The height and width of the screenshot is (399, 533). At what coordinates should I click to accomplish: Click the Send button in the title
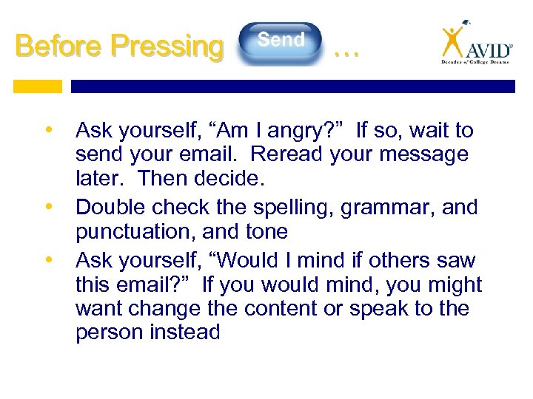tap(281, 41)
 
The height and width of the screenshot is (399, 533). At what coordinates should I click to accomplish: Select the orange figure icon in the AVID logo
tap(452, 42)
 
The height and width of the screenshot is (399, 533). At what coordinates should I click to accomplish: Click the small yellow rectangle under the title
tap(38, 86)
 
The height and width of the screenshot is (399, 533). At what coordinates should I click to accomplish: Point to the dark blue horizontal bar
tap(292, 86)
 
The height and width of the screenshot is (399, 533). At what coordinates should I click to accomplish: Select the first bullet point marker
tap(49, 131)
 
